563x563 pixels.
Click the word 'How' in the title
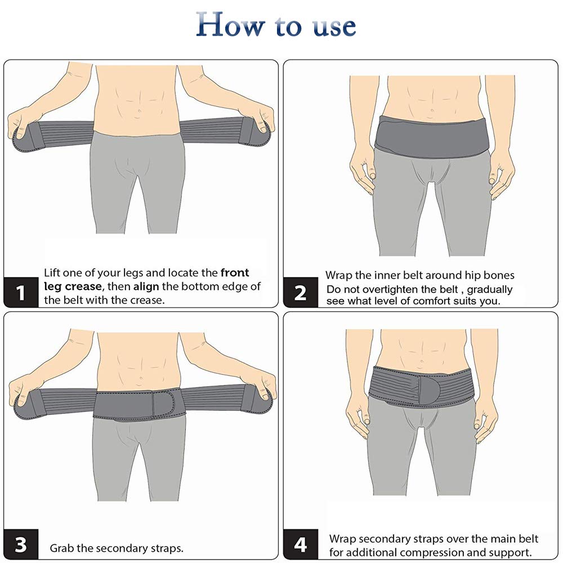[228, 26]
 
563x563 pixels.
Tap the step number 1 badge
[21, 293]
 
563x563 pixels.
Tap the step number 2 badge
[300, 293]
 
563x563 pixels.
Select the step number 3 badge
[21, 545]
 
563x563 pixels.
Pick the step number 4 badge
[300, 545]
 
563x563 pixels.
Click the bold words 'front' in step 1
[235, 273]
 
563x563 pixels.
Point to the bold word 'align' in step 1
[148, 287]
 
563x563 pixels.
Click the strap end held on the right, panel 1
[263, 131]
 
